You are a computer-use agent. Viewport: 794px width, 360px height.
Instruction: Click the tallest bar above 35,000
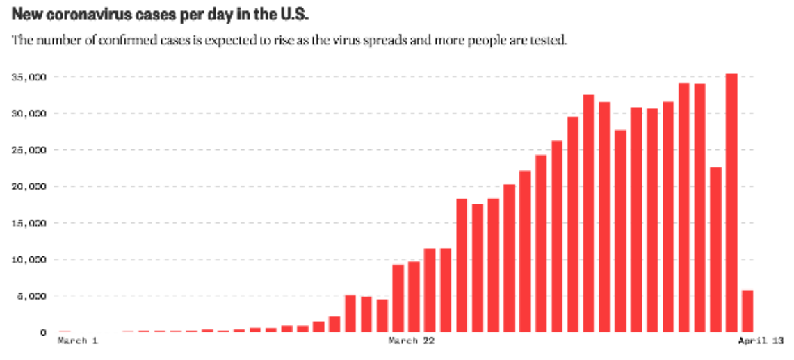[x=731, y=202]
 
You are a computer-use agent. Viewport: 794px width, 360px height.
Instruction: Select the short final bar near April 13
[x=747, y=311]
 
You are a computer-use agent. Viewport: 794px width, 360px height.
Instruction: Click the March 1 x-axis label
[x=78, y=341]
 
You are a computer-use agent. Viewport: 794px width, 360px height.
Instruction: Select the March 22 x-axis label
[x=413, y=341]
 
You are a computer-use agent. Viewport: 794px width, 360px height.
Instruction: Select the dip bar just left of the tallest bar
[x=716, y=249]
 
